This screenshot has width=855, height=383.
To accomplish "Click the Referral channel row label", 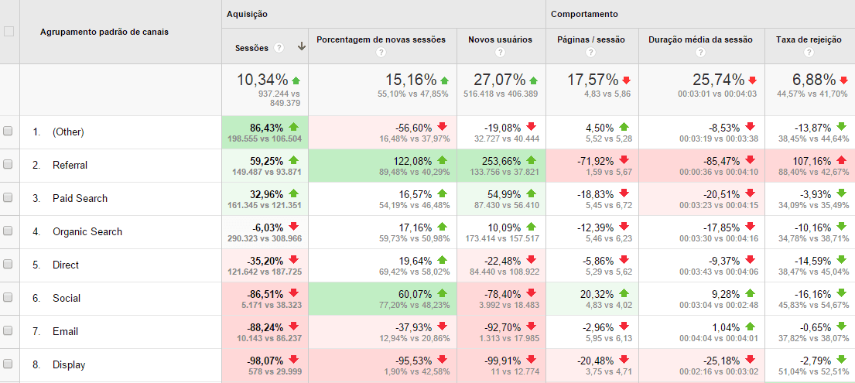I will point(70,165).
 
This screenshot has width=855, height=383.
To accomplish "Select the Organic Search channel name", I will point(87,231).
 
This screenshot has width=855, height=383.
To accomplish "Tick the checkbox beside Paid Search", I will point(9,198).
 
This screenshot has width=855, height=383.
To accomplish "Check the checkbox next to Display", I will point(9,364).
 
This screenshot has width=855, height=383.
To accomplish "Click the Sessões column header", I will point(251,48).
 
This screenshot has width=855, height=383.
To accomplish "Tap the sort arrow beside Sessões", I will point(301,47).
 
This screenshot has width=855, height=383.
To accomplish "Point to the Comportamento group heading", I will point(583,14).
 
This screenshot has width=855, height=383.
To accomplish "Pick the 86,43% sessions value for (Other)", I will point(265,127).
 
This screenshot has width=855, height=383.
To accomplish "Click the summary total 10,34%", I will point(263,80).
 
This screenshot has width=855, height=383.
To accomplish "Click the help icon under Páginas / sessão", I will point(591,53).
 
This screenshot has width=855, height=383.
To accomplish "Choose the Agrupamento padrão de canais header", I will point(104,32).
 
